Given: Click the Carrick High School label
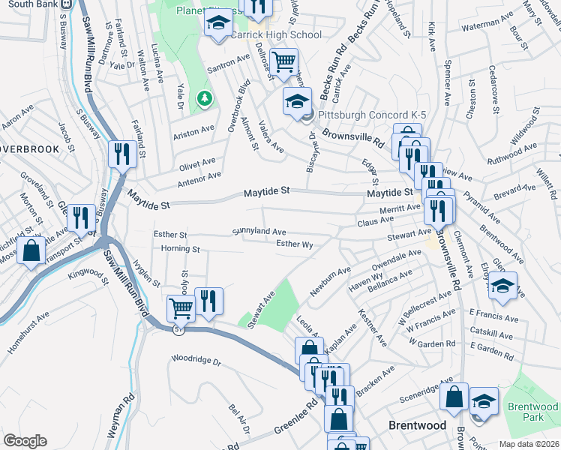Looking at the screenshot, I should (x=276, y=34).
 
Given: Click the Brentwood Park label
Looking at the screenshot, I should (x=532, y=411).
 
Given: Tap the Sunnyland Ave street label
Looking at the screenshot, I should (x=259, y=232).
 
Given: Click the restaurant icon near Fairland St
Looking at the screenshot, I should (x=121, y=154).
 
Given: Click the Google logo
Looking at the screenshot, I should (x=25, y=441).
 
